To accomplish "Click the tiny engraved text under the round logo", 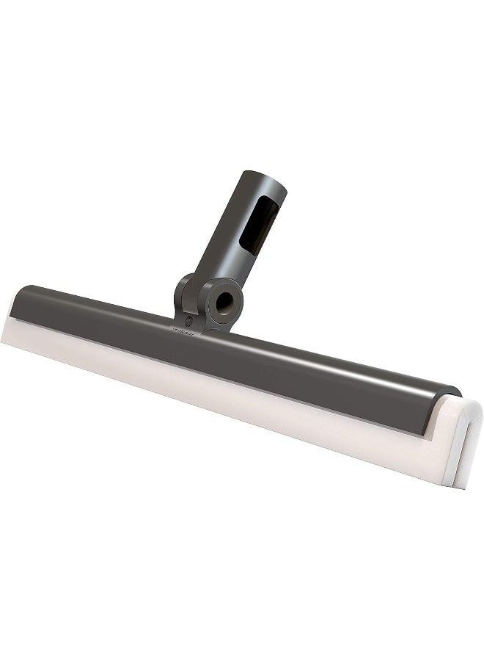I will pyautogui.click(x=187, y=331).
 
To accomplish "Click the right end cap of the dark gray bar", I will pyautogui.click(x=449, y=402).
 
